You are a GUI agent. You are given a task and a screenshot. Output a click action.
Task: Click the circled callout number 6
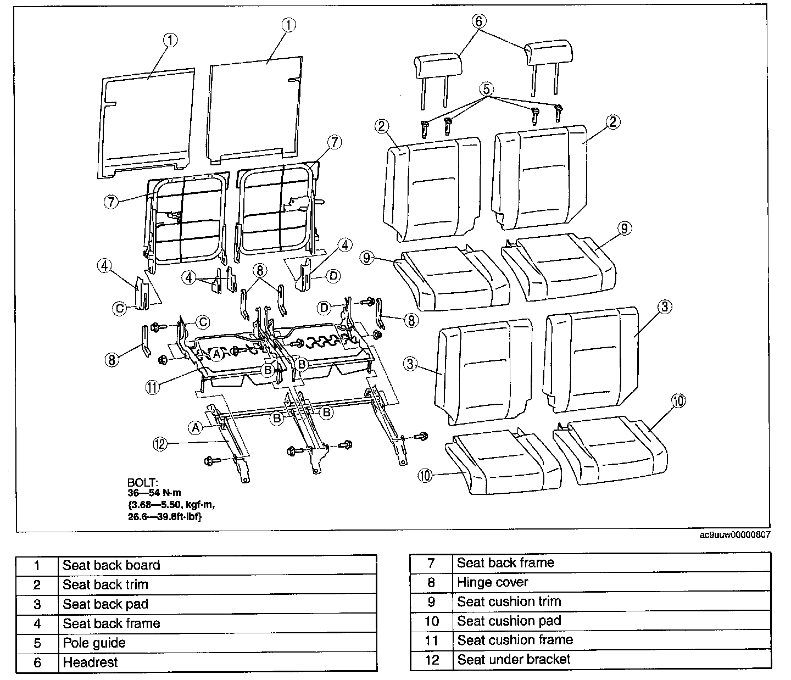(478, 21)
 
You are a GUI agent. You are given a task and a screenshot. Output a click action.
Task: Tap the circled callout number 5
(486, 88)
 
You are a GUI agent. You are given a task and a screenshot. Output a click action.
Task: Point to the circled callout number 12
(160, 444)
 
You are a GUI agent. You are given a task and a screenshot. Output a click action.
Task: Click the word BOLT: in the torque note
(142, 483)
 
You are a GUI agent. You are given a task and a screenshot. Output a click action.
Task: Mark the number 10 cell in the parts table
(432, 621)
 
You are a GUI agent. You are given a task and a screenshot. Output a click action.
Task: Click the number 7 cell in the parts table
(432, 562)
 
